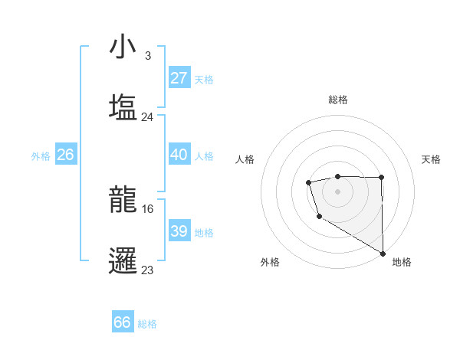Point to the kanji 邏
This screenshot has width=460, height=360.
coord(123,261)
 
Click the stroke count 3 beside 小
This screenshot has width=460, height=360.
coord(148,56)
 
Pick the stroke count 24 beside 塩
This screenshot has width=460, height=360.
coord(148,117)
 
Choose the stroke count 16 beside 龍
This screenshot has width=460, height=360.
coord(148,208)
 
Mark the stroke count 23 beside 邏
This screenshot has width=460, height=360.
coord(148,270)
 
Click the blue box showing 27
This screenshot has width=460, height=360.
coord(179,78)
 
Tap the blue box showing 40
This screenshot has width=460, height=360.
coord(179,155)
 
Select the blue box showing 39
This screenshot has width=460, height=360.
coord(179,231)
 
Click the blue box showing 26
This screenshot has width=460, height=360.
coord(65,155)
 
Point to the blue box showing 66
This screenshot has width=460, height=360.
coord(123,322)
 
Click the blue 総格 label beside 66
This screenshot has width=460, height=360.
coord(147,324)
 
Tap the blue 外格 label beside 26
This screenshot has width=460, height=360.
coord(41,156)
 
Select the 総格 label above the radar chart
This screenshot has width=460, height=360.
coord(338,100)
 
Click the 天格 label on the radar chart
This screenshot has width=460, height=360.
coord(431,159)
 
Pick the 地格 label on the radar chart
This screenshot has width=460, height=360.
coord(402,262)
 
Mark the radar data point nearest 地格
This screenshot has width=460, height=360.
coord(383,254)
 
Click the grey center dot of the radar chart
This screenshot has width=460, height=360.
coord(337,190)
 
